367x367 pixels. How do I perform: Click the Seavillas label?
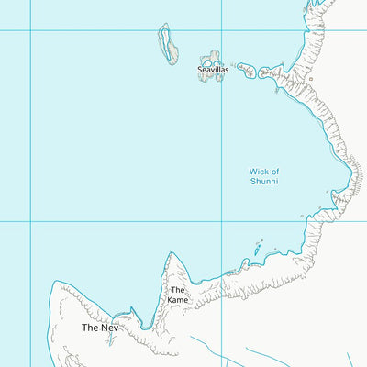pos(213,70)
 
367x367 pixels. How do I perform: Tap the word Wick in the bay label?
pos(260,172)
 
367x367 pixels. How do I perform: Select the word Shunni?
pos(264,182)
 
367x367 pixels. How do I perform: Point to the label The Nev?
pos(100,328)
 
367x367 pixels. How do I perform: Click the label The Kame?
pos(177,295)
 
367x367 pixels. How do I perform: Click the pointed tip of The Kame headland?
pos(170,254)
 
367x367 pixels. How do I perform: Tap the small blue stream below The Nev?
pos(108,341)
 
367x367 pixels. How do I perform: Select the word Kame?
pos(177,299)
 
